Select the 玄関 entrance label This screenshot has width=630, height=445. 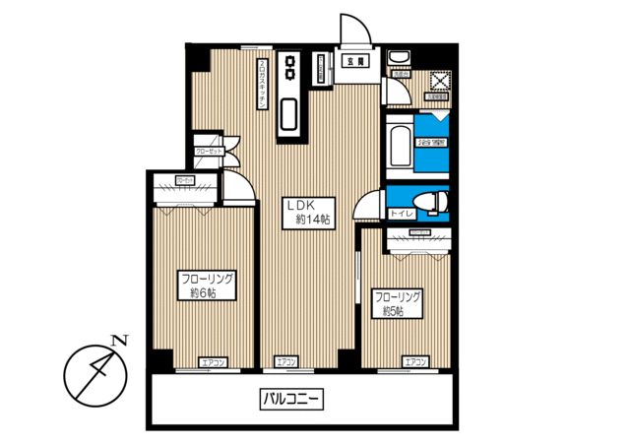pyautogui.click(x=352, y=61)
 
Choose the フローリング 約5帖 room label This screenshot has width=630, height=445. pyautogui.click(x=397, y=303)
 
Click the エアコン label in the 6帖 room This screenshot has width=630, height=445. pyautogui.click(x=213, y=362)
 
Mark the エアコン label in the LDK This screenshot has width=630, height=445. pyautogui.click(x=286, y=362)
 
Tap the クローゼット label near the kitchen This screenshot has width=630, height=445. pyautogui.click(x=208, y=151)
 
